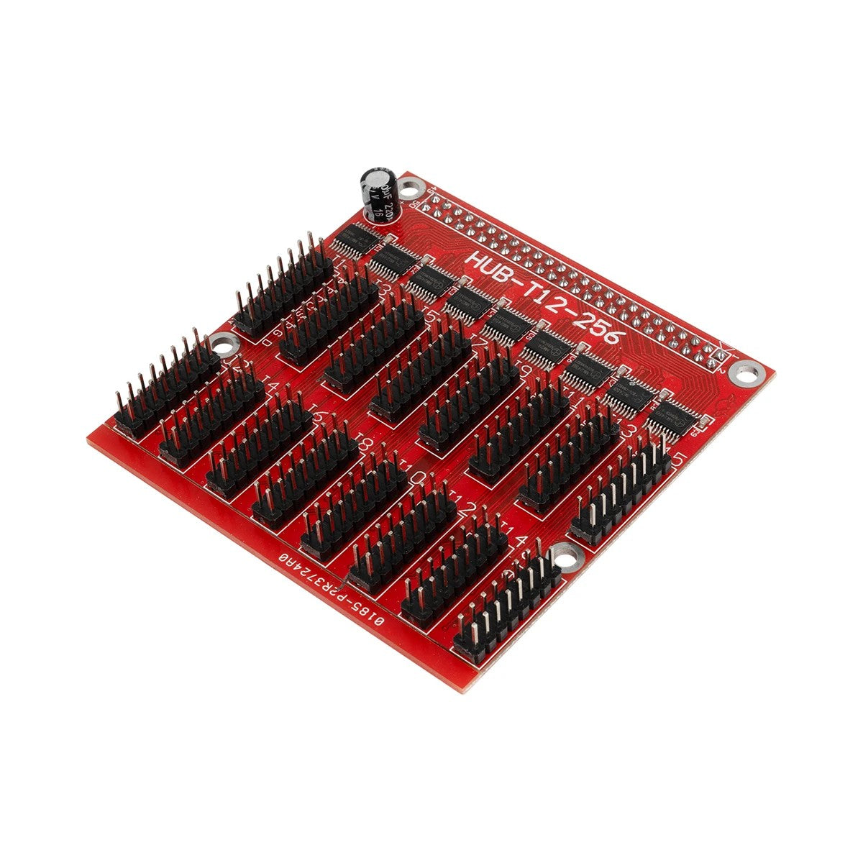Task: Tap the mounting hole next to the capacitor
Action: click(x=410, y=191)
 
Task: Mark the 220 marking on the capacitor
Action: click(x=389, y=193)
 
